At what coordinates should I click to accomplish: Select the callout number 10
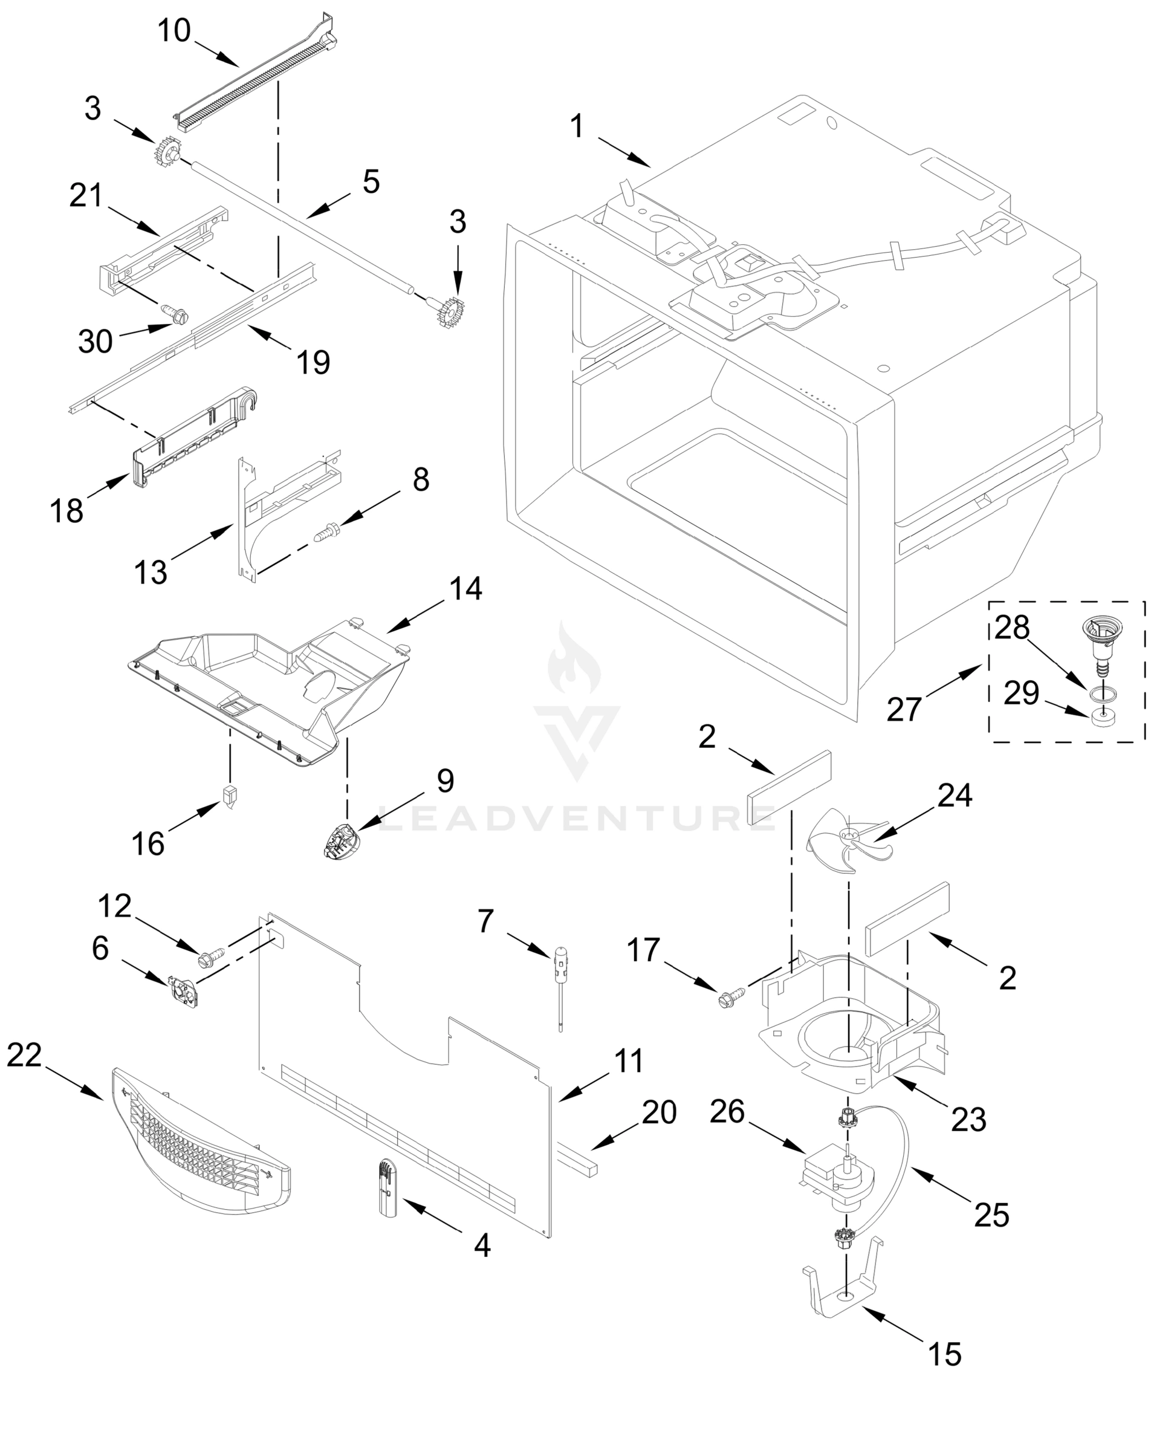(x=173, y=31)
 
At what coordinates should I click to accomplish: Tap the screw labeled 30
(x=178, y=314)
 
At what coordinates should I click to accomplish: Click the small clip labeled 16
(x=230, y=796)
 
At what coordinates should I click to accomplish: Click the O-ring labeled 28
(x=1097, y=691)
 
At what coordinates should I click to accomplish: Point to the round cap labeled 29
(x=1100, y=718)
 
